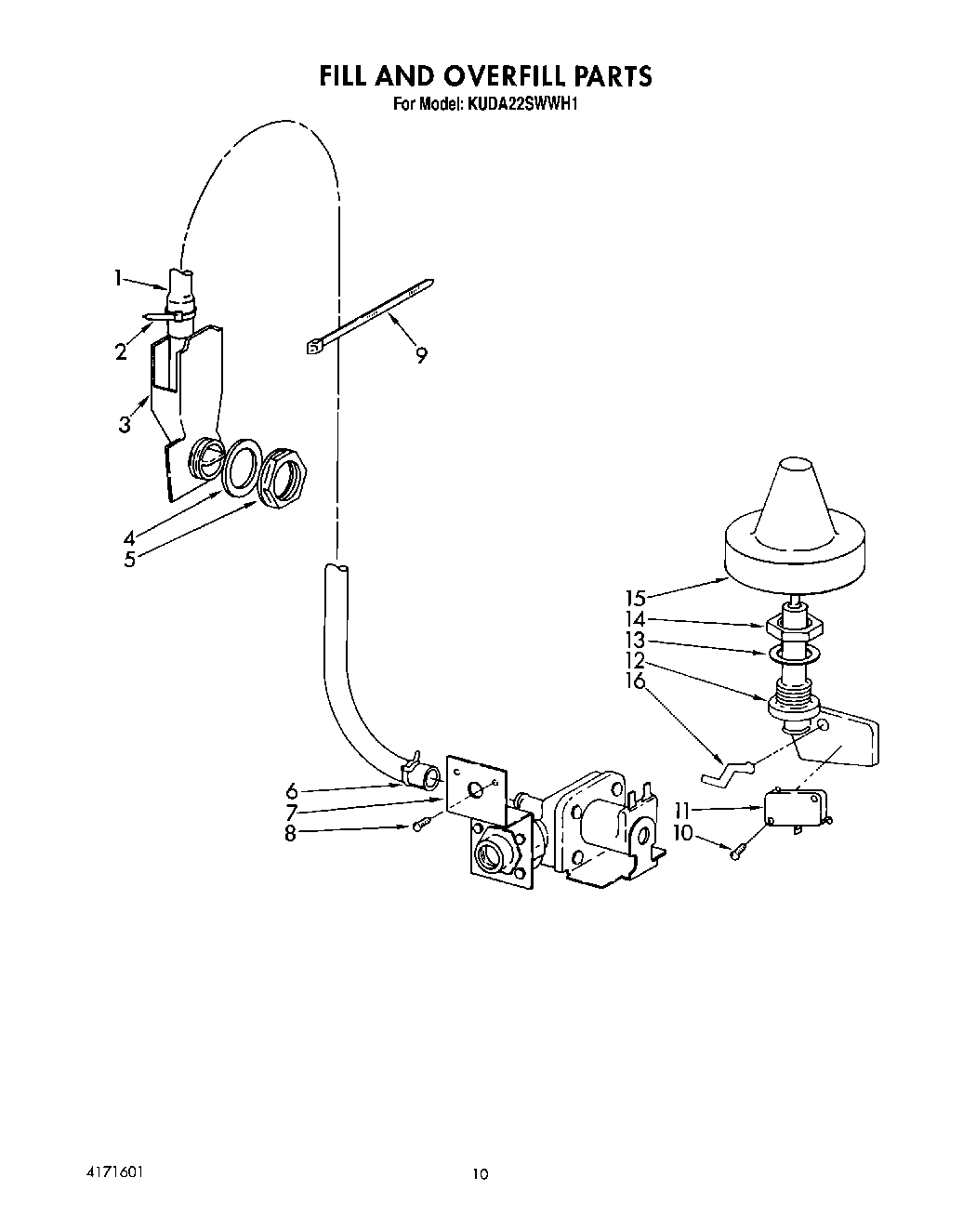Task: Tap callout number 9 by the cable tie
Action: [x=422, y=355]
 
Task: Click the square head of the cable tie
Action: [x=312, y=348]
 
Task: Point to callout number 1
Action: [x=119, y=277]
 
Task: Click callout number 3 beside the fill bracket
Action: [x=125, y=426]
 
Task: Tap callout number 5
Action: [x=129, y=559]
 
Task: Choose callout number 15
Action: [x=635, y=598]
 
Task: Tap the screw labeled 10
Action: [x=737, y=850]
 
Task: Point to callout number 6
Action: [x=292, y=791]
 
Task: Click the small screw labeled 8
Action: [x=419, y=825]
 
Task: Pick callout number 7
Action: [x=292, y=813]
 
